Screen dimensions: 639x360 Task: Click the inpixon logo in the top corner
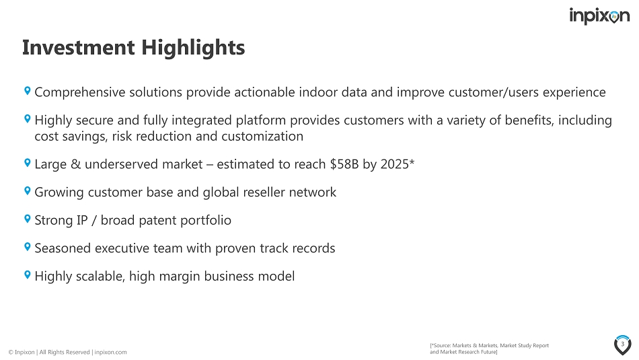(x=599, y=16)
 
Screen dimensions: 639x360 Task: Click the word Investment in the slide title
(x=78, y=47)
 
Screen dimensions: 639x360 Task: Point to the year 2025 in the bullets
(x=394, y=164)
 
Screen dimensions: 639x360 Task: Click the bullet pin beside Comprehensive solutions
(x=28, y=91)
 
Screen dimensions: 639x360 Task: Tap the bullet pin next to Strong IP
(x=28, y=219)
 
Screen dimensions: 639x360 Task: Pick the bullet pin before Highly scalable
(x=28, y=275)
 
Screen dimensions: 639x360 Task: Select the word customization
(x=262, y=136)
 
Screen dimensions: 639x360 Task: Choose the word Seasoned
(x=63, y=248)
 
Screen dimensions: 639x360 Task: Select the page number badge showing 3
(x=622, y=345)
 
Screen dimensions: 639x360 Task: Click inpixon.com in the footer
(x=110, y=352)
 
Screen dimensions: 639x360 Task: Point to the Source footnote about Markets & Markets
(x=489, y=349)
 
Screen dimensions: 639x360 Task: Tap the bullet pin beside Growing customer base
(x=28, y=190)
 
